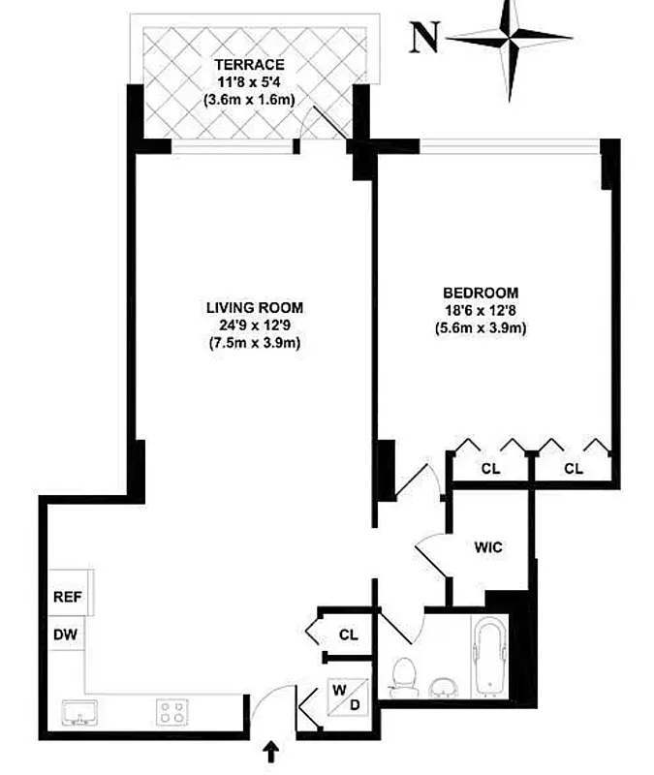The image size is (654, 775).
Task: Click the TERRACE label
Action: pos(243,65)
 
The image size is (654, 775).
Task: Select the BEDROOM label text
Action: pos(481,293)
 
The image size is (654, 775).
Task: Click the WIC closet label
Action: pos(488,546)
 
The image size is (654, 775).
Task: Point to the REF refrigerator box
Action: pos(66,598)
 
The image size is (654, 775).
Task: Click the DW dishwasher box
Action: pos(66,635)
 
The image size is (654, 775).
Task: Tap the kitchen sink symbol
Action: pos(78,714)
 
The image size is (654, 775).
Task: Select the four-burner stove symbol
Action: pos(173,714)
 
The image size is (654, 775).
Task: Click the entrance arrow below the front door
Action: pos(271,753)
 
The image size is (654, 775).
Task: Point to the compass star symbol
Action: pos(510,39)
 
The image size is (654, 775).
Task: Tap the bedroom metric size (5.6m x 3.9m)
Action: pos(481,327)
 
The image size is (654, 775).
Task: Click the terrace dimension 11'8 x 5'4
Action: pos(243,82)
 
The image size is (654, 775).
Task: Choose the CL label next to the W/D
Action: pos(349,635)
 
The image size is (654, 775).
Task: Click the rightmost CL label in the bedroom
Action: pos(574,469)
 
